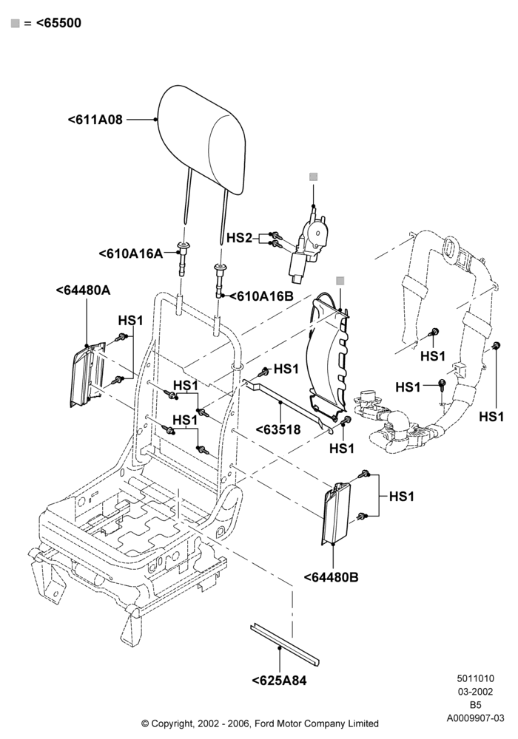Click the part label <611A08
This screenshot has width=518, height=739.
coord(95,120)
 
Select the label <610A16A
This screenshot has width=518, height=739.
coord(131,253)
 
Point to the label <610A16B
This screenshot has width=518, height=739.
coord(265,296)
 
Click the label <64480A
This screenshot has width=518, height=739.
coord(84,290)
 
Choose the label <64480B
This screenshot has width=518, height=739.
coord(332,577)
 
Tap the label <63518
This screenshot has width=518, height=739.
coord(278,429)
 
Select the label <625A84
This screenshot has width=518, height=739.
coord(279,681)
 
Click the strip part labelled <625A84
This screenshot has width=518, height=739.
coord(284,644)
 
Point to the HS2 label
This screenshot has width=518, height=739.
coord(239,238)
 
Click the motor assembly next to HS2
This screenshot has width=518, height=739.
coord(307,247)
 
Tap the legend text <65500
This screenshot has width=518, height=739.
coord(58,23)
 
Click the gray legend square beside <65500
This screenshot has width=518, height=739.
coord(15,23)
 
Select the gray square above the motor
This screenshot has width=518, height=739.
coord(313,177)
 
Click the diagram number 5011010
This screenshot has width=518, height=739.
coord(475,678)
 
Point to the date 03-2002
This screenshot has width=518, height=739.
coord(475,692)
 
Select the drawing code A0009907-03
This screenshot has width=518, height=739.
coord(475,718)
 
